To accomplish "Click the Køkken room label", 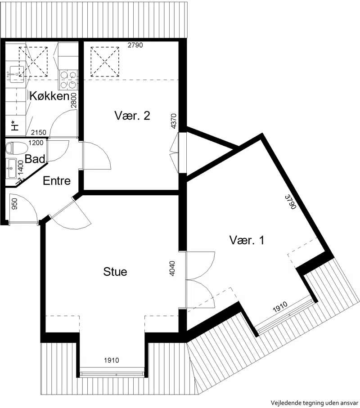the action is tap(49, 96).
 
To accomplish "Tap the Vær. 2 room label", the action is tap(132, 116).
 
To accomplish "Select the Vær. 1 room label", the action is tap(247, 240).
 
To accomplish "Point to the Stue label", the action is tap(115, 272).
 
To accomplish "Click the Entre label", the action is tap(57, 181).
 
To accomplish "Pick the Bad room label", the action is tap(35, 159).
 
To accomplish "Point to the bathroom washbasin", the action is tap(11, 168).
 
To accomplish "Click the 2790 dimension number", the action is tap(135, 45).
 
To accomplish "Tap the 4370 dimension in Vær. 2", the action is tap(174, 121).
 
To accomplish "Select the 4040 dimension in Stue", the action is tap(172, 268).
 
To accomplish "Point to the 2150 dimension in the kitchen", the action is tap(39, 133).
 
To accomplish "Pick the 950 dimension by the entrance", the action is tap(14, 204).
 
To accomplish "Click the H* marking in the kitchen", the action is tap(15, 126).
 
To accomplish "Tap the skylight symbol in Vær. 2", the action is tap(105, 62).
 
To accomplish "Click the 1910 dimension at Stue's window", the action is tap(112, 360).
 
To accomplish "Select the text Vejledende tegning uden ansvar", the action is tap(315, 403).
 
